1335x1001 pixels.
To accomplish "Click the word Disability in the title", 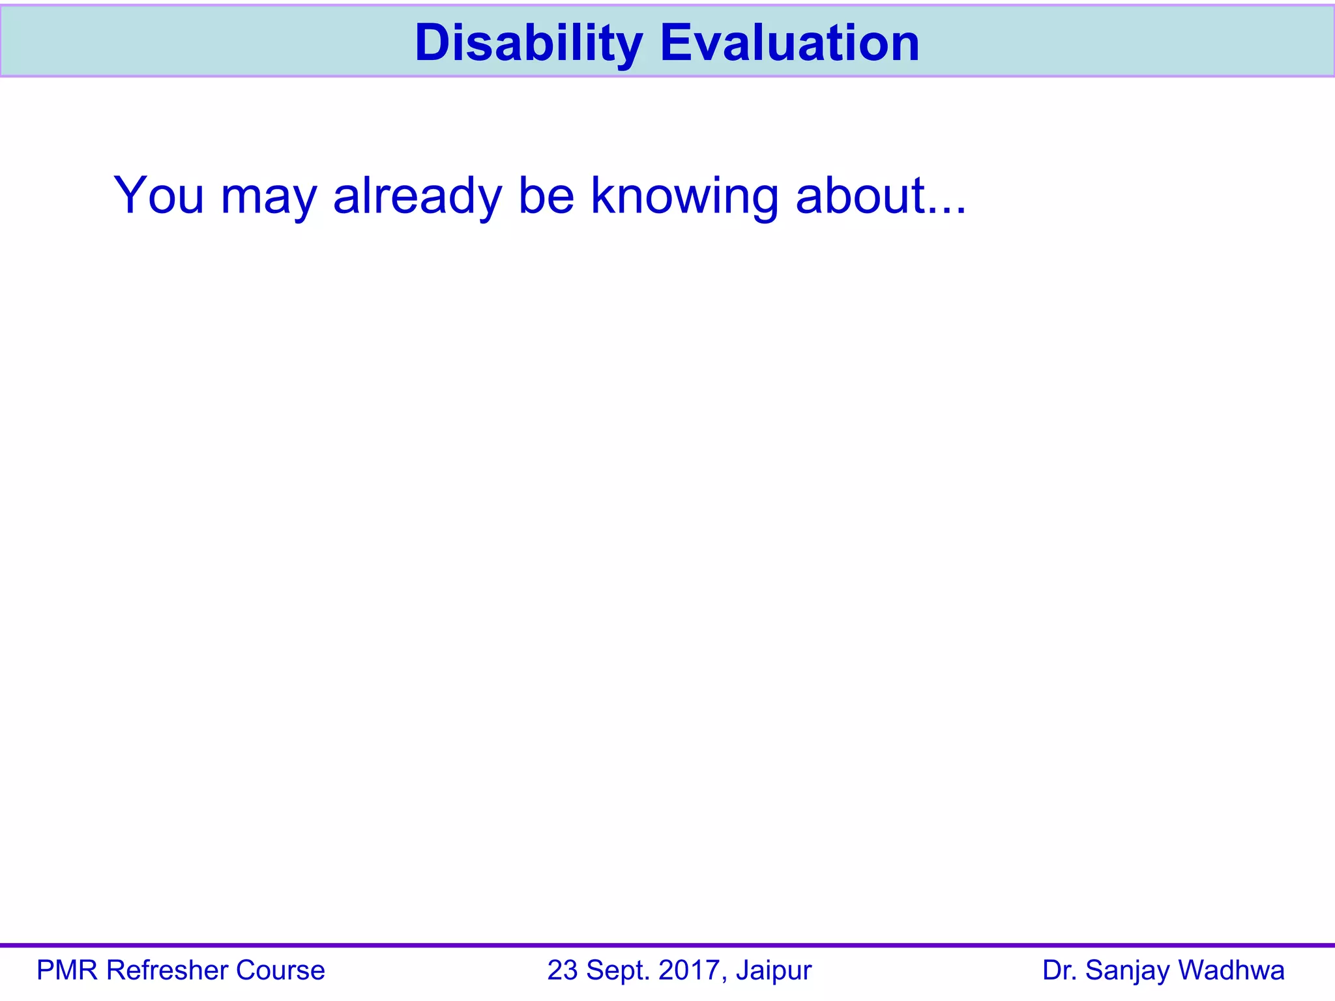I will (529, 43).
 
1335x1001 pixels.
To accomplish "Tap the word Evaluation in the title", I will (789, 43).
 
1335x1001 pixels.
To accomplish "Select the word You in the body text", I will (158, 195).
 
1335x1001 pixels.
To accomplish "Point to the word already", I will (417, 196).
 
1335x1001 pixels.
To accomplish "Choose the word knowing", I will (684, 196).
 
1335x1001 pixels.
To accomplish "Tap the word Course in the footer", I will (280, 970).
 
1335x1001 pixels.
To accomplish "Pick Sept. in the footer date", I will (619, 971).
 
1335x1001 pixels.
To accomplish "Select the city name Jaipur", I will (774, 971).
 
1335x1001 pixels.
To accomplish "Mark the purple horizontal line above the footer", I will (667, 945).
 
